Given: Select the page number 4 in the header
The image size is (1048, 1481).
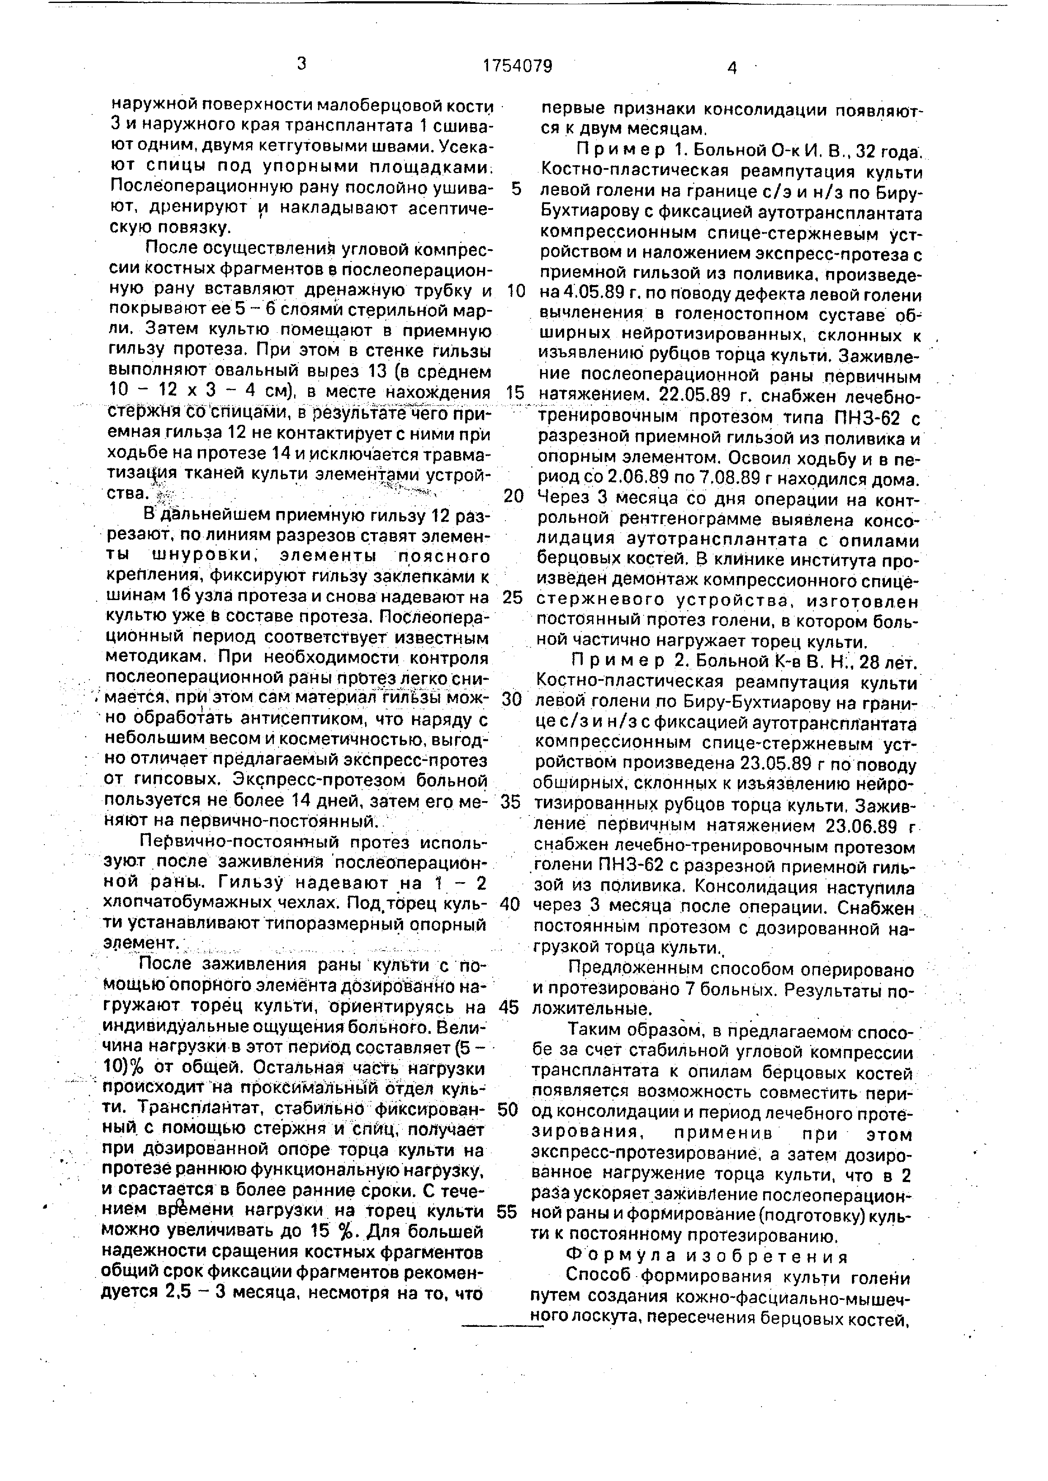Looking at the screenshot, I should [731, 68].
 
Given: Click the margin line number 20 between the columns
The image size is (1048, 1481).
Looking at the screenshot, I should [513, 496].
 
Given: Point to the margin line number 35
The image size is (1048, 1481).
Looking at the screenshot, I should [510, 802].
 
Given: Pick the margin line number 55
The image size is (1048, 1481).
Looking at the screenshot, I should [508, 1212].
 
